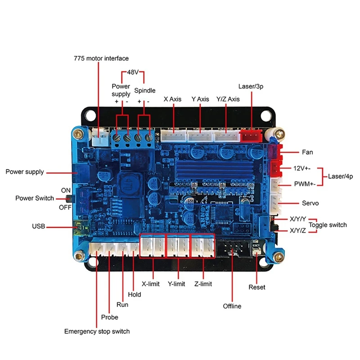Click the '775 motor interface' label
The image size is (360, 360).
(x=101, y=58)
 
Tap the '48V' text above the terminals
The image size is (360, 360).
(x=132, y=72)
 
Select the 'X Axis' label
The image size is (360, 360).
(x=172, y=99)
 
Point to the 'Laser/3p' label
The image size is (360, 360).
(x=251, y=86)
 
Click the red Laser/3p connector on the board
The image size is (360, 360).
(x=250, y=135)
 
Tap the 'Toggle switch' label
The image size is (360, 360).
(x=328, y=225)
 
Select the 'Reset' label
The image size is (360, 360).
(x=257, y=287)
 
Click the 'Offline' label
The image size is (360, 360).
(x=232, y=306)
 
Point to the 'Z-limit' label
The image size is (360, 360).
(x=202, y=284)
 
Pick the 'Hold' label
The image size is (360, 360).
(x=135, y=295)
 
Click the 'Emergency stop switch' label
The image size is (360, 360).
(x=97, y=332)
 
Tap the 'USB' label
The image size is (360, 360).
(x=38, y=226)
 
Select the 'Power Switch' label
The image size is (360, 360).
(x=35, y=198)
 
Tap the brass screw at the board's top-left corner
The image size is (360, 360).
(x=79, y=134)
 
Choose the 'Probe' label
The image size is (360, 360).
(x=110, y=317)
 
